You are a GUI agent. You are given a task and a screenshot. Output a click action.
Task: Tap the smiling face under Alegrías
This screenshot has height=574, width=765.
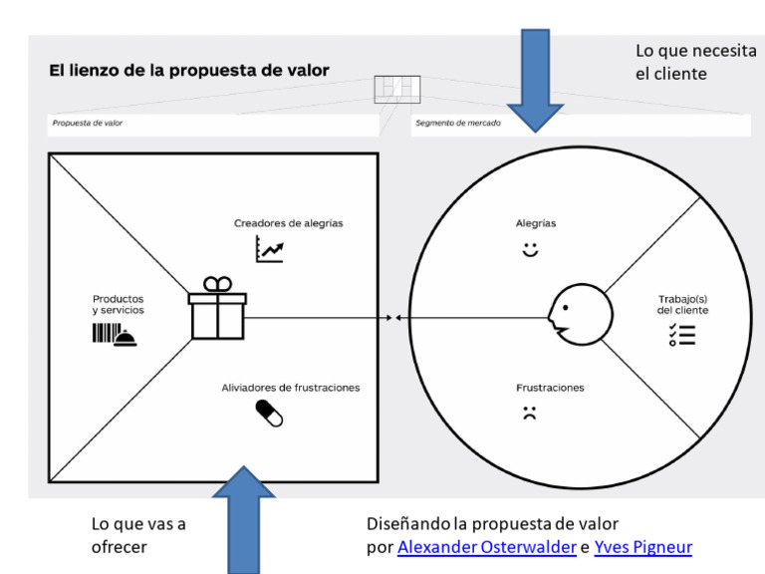tap(530, 250)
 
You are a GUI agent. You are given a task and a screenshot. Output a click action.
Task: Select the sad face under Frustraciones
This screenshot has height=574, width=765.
tap(529, 414)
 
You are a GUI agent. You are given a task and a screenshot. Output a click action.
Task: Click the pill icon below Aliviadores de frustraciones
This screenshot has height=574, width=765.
tap(269, 413)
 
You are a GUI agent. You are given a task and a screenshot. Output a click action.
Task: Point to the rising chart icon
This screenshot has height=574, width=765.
tap(269, 249)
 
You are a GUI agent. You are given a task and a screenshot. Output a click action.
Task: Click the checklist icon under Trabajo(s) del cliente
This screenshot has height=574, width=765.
tap(682, 335)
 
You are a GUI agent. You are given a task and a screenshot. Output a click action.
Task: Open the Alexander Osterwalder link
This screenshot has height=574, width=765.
tap(486, 547)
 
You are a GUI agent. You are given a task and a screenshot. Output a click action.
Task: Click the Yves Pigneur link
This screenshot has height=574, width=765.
tap(642, 547)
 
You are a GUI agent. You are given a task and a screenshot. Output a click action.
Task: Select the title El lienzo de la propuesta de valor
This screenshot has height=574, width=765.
tap(189, 71)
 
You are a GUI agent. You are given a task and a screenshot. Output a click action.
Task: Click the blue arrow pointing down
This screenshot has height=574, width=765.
tap(536, 80)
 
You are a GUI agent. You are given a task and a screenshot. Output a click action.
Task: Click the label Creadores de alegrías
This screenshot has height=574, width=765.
tap(289, 223)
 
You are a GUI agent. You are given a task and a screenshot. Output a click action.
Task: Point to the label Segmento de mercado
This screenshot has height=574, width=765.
tap(457, 124)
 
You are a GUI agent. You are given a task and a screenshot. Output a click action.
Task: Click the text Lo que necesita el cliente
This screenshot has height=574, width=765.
tap(695, 62)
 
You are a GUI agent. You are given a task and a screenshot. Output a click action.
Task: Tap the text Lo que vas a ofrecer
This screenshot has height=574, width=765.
tap(138, 535)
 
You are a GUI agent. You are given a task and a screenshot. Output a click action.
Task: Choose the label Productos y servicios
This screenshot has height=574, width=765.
tap(119, 304)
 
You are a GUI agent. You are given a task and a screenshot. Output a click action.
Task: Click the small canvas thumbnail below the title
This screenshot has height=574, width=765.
tap(397, 90)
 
